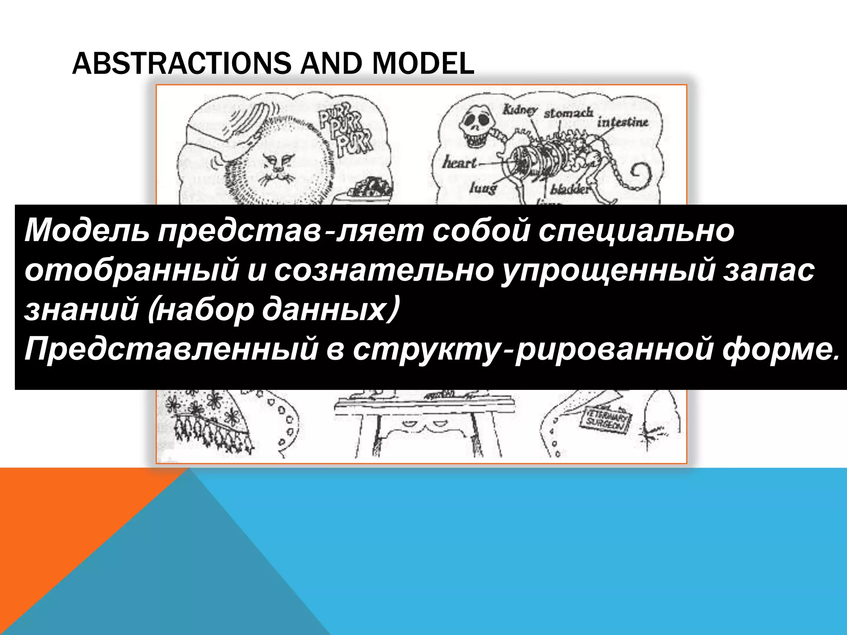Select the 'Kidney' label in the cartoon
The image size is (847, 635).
[519, 110]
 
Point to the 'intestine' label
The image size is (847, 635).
[622, 122]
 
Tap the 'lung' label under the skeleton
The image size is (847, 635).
[483, 189]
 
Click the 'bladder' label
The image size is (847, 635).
[569, 190]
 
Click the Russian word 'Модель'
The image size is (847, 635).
[86, 231]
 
